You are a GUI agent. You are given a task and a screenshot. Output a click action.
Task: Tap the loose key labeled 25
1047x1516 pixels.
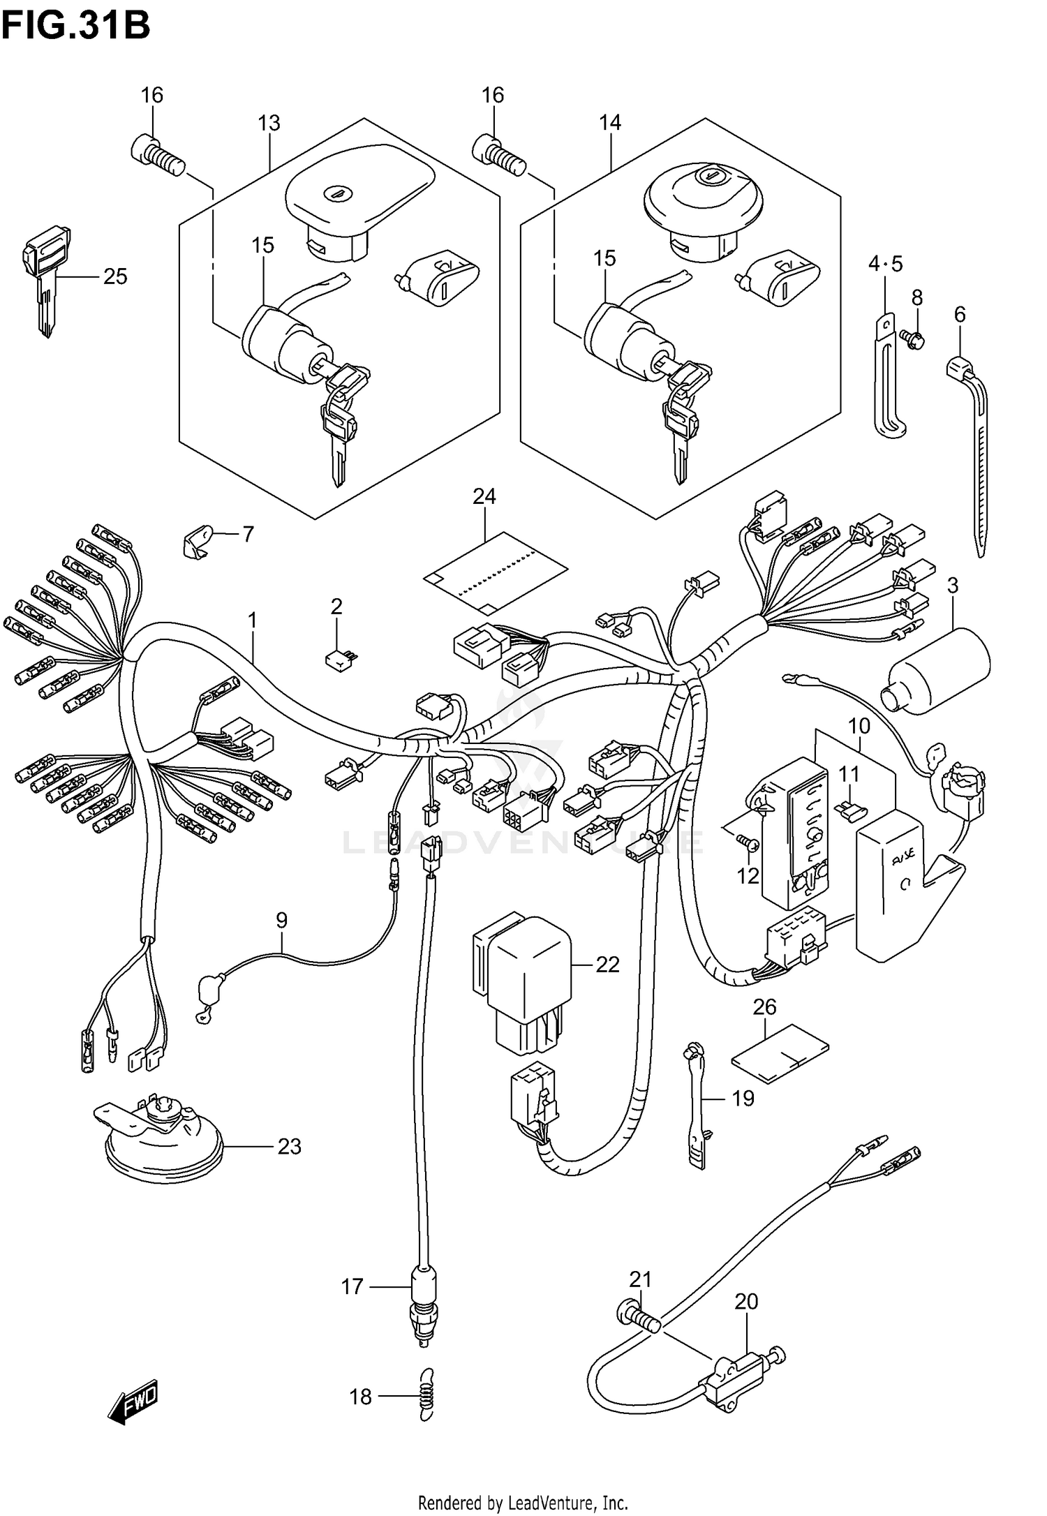(x=45, y=279)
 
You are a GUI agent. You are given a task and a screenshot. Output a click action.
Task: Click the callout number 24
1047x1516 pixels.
(x=484, y=496)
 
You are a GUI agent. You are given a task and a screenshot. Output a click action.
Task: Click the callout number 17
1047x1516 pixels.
(x=352, y=1286)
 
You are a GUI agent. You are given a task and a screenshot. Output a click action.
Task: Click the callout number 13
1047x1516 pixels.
(x=269, y=124)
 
